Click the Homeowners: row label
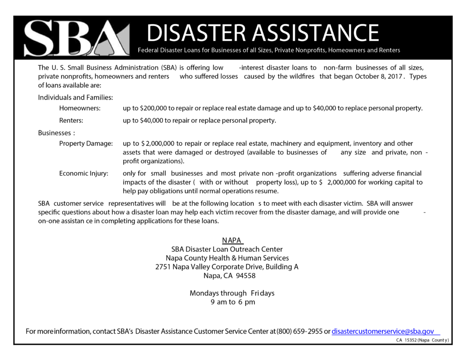click(80, 108)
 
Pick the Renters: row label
click(71, 121)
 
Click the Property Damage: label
click(86, 144)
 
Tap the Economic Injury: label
click(84, 173)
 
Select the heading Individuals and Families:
click(76, 97)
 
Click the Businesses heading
click(55, 133)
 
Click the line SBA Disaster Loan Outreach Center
click(227, 249)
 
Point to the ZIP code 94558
click(246, 276)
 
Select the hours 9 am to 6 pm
click(233, 302)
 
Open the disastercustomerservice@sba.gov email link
click(383, 331)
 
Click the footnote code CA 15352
click(405, 340)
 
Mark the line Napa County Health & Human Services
click(227, 258)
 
